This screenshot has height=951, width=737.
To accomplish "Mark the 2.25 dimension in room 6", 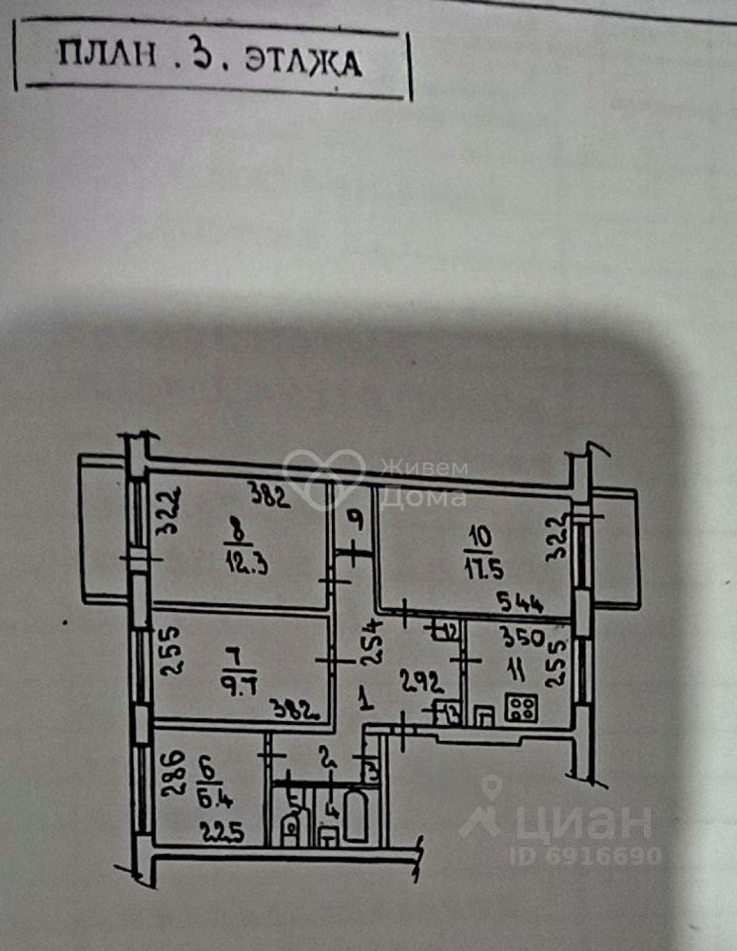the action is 223,830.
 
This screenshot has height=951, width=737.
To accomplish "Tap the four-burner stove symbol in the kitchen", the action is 523,708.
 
